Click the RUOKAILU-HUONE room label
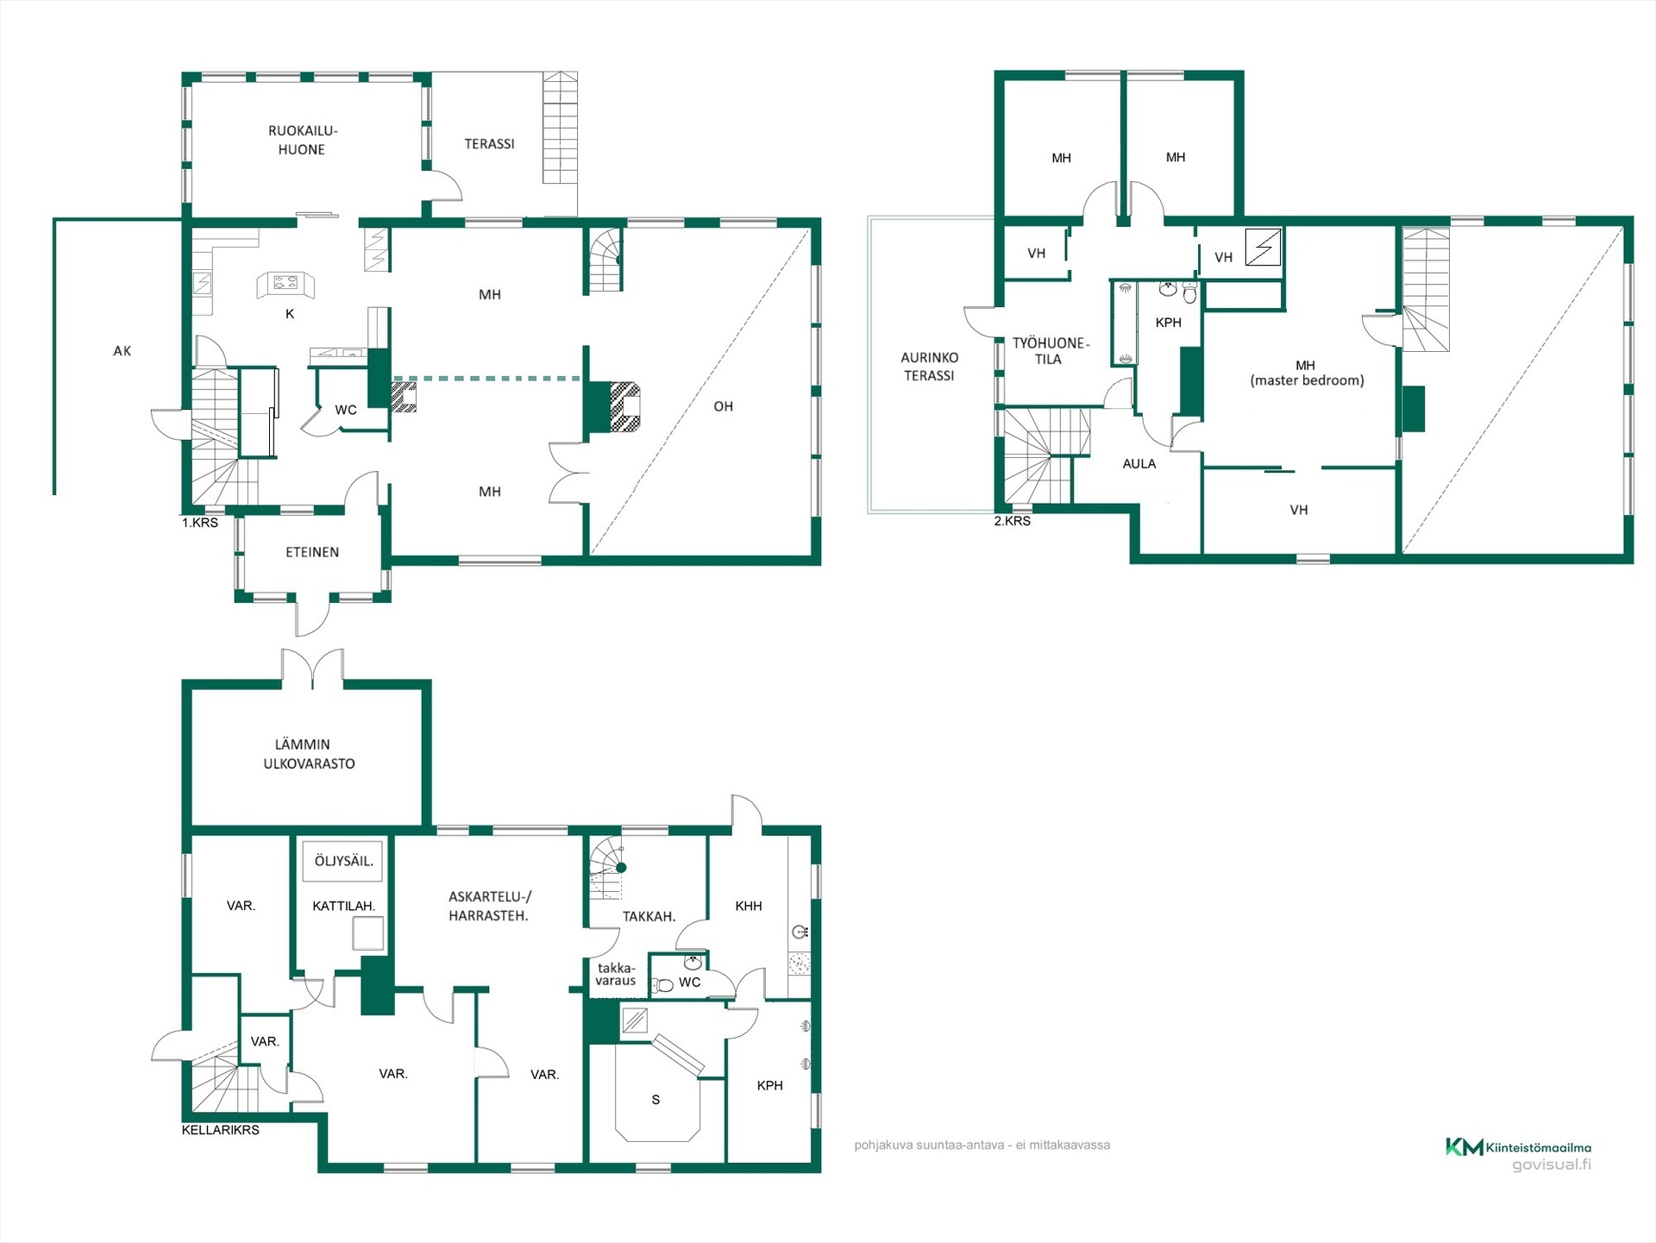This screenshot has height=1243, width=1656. (x=302, y=140)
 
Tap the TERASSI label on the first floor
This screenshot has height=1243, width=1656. (x=489, y=144)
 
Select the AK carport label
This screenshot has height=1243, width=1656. (x=122, y=351)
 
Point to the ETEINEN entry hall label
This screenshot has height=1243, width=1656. (x=312, y=552)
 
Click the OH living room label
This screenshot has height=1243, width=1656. (x=723, y=406)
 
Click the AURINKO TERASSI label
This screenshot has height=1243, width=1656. (x=929, y=367)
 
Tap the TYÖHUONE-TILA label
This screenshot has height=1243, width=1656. (x=1050, y=351)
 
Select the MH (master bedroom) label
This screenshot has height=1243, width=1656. (x=1307, y=373)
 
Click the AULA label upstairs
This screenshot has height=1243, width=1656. (x=1138, y=464)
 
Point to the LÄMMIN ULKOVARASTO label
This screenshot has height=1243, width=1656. (x=309, y=754)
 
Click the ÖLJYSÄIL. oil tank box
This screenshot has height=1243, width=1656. (x=343, y=861)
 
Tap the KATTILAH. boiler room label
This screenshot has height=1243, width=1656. (x=343, y=906)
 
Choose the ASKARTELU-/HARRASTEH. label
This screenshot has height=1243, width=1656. (x=489, y=907)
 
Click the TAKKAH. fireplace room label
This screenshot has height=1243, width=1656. (x=649, y=917)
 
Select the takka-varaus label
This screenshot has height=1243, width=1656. (x=616, y=975)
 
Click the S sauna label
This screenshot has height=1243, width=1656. (x=655, y=1100)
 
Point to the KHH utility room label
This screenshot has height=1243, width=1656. (x=748, y=906)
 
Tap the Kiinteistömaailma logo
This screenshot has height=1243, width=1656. (x=1518, y=1147)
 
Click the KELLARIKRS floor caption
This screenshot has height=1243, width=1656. (x=220, y=1130)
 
